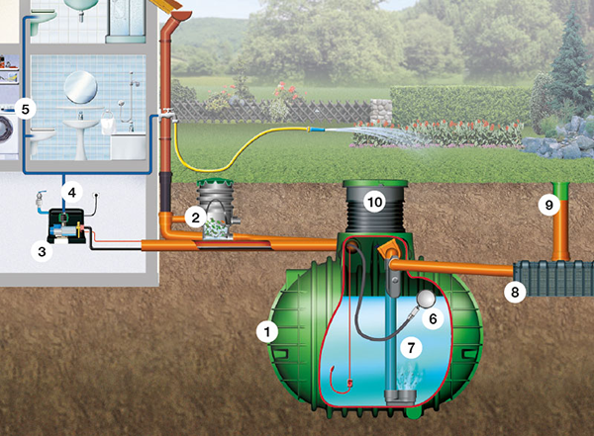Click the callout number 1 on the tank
click(x=265, y=332)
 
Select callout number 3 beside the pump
click(x=43, y=252)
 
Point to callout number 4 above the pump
click(x=70, y=189)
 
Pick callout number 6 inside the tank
click(x=432, y=318)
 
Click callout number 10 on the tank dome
click(x=374, y=203)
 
